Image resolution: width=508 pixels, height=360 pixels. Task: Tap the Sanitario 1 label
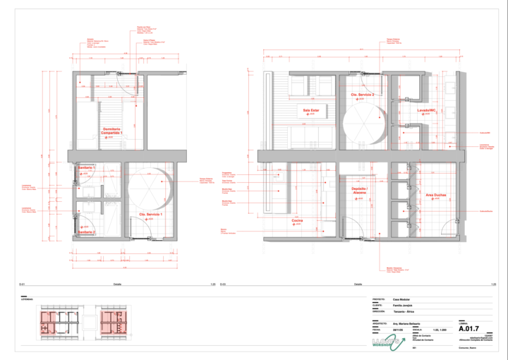click(x=87, y=167)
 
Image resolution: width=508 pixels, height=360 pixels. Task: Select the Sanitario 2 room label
click(x=87, y=232)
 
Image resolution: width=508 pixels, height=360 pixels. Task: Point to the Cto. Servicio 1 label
click(x=150, y=214)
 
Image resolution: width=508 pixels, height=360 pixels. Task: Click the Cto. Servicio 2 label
click(x=363, y=94)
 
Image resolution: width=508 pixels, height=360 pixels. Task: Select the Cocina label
click(x=298, y=220)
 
